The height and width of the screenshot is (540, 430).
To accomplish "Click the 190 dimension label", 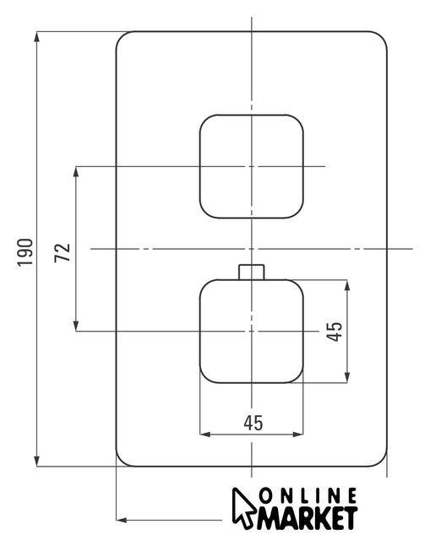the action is coord(25,251).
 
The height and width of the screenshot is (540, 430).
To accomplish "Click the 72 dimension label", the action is coord(62,252).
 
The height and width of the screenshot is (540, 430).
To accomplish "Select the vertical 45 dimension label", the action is coord(335,332).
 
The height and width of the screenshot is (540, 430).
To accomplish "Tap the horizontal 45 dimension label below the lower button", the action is coord(253,423).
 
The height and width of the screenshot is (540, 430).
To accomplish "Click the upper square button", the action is coord(252,166).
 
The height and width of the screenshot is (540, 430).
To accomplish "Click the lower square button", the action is coord(252,332).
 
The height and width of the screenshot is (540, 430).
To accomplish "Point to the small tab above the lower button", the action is coord(252,272).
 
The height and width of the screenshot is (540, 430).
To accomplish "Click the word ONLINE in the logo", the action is coord(308,496).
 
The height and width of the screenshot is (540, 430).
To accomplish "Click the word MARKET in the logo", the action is coord(307,517).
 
